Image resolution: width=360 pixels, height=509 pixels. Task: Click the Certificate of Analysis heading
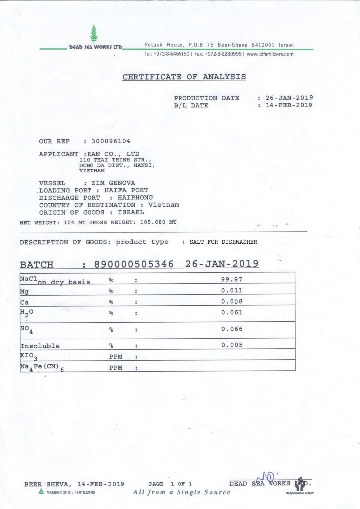184,77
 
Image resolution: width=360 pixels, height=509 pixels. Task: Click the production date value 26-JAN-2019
289,98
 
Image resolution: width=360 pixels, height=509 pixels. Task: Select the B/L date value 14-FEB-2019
289,105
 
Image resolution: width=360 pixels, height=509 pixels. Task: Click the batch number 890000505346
141,264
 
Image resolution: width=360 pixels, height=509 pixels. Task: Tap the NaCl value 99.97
231,279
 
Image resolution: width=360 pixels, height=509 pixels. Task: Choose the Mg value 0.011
232,290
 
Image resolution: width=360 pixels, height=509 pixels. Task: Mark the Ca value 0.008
232,301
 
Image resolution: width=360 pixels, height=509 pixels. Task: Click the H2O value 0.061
232,312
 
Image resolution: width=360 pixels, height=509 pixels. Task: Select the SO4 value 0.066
232,329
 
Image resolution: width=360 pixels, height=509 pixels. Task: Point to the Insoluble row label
40,346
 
